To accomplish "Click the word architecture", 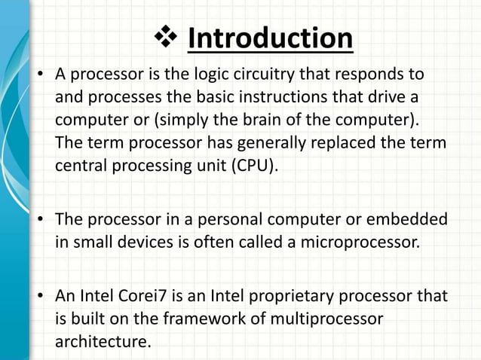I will pyautogui.click(x=101, y=341).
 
